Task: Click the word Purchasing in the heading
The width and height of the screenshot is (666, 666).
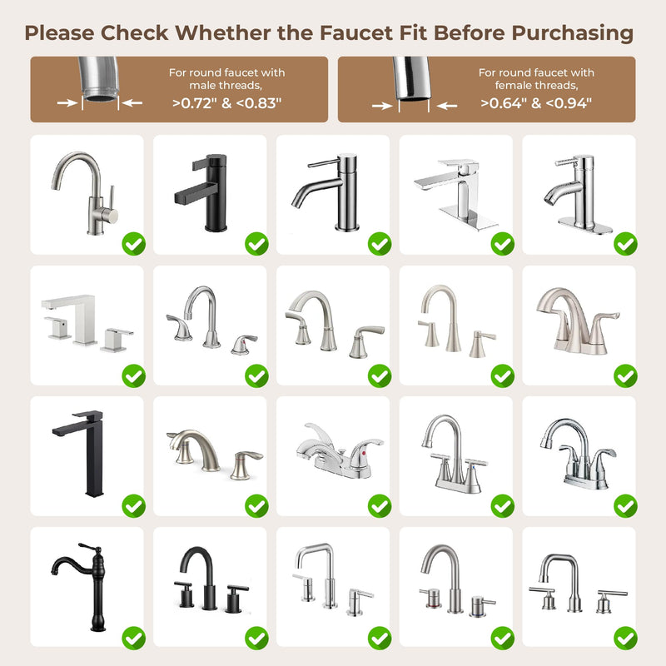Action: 572,33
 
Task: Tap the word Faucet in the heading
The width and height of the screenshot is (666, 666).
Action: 356,32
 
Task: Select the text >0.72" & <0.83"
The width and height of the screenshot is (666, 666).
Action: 226,103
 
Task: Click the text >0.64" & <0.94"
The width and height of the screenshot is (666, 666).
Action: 536,103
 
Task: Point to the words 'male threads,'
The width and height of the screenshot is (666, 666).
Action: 226,86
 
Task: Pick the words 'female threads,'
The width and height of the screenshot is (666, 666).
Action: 536,86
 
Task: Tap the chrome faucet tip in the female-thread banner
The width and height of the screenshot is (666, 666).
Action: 411,80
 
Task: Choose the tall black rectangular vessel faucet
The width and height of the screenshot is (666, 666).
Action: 82,453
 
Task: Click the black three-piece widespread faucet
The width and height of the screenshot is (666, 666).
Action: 211,579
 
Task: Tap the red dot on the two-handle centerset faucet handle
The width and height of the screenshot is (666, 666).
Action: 363,454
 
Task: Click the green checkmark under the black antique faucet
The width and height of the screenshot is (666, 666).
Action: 134,638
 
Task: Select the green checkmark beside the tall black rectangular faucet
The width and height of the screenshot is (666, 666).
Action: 134,506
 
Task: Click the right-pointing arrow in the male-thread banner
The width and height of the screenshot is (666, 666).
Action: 67,102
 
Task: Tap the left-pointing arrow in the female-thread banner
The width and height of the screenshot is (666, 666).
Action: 447,106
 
